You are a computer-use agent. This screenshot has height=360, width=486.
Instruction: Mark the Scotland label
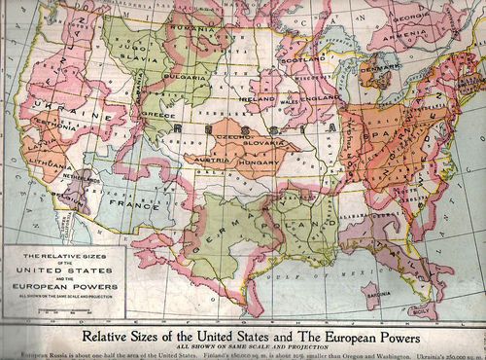298,57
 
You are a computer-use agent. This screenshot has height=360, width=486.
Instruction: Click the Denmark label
375,69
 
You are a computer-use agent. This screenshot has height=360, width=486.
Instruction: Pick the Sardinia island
371,290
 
